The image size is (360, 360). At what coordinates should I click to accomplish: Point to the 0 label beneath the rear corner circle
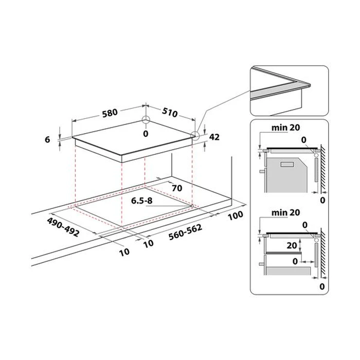click(146, 134)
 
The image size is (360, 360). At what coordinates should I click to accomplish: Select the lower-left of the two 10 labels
click(124, 251)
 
